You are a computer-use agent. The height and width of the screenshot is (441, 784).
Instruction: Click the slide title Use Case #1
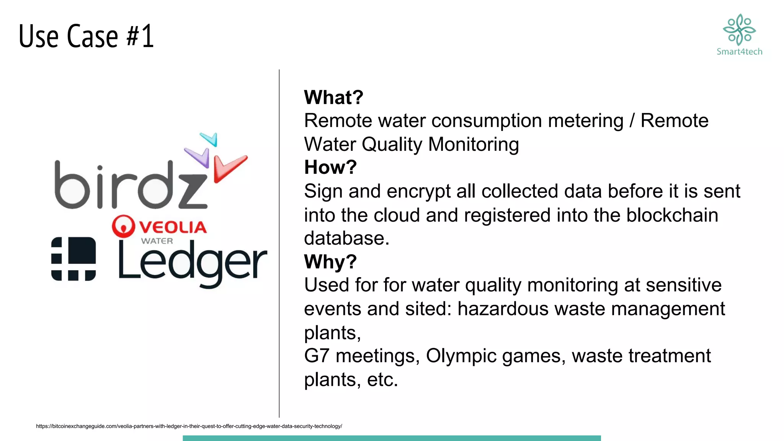point(86,36)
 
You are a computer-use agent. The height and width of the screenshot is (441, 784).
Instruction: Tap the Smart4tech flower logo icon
point(739,29)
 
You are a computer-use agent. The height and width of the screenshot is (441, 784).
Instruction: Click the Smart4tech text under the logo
point(739,52)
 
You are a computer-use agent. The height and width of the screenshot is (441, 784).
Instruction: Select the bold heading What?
point(333,97)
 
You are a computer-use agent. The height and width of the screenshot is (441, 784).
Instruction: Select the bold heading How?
point(330,167)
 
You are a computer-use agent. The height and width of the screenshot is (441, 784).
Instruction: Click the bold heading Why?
point(330,262)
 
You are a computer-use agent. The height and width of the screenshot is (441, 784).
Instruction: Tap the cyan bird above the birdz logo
point(210,139)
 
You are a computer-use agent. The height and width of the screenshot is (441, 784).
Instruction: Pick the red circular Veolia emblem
point(123,226)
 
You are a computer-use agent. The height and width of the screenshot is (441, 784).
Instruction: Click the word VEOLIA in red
point(173,227)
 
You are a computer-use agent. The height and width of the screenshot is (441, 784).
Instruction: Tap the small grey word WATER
point(157,241)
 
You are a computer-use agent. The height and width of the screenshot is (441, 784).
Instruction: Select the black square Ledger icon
point(73,259)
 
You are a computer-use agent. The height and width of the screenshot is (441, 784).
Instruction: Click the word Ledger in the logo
point(192,263)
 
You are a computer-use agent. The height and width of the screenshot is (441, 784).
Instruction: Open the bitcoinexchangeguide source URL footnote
point(189,426)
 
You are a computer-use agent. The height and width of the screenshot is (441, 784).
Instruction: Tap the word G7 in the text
point(317,356)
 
